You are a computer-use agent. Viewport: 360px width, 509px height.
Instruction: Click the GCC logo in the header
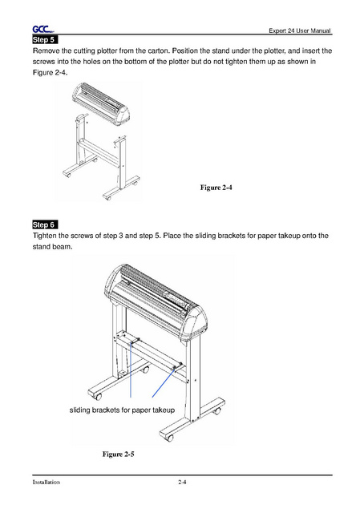42,30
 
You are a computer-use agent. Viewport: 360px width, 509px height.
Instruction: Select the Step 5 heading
45,39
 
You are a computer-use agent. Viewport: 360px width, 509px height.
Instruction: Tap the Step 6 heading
45,224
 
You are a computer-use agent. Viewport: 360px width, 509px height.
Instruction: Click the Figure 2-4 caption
216,188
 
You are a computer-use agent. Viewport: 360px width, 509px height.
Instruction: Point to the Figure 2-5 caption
118,454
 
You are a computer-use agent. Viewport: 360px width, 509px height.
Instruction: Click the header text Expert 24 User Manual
299,30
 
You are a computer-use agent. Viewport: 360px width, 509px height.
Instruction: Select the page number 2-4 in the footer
182,482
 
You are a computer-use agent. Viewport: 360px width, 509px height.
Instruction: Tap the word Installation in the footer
46,482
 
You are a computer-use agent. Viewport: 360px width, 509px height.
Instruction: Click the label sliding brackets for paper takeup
122,410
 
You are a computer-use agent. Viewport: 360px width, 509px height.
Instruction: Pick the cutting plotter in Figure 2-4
101,103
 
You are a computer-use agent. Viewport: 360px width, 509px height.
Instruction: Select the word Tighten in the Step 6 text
44,236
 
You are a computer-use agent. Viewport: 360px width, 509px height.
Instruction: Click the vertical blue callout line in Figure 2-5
131,370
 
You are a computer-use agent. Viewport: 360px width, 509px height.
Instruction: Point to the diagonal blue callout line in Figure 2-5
164,382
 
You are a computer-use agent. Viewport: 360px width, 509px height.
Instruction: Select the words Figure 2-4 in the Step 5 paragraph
50,72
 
